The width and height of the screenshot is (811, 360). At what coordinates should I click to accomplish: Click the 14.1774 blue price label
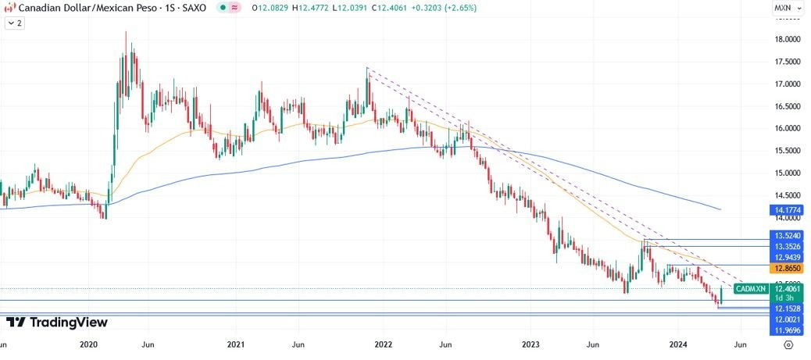pos(787,210)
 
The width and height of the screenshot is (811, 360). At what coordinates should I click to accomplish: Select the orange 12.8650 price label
pos(787,268)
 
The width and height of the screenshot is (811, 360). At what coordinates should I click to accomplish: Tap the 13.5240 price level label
pos(787,235)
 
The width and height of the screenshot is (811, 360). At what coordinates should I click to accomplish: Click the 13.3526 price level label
pos(787,246)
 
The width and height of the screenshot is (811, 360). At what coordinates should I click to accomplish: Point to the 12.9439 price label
pos(787,257)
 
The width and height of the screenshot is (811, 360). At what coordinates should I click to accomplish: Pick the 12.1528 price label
pos(787,309)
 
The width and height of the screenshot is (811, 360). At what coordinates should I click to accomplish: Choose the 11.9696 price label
pos(787,331)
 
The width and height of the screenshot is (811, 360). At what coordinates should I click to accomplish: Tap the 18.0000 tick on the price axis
pos(788,39)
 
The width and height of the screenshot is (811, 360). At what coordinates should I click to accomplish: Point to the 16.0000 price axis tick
pos(788,128)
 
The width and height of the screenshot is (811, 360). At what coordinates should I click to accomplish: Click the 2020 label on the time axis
pos(89,344)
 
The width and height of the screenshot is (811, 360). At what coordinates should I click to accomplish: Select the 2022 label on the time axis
pos(384,344)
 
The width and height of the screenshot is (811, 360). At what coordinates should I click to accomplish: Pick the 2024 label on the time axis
pos(678,344)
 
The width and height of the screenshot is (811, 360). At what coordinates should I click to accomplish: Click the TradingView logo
pos(57,323)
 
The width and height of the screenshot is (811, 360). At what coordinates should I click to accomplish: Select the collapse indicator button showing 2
pos(14,23)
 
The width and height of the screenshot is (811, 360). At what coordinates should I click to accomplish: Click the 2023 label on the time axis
pos(531,344)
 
